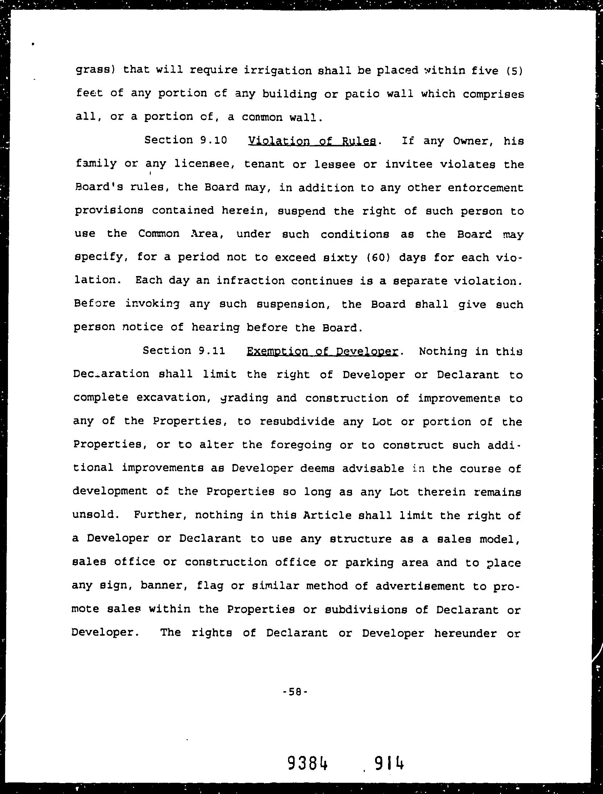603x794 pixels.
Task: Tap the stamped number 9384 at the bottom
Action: coord(308,763)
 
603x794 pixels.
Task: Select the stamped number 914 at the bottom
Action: coord(389,763)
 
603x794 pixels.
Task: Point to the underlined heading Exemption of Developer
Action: coord(322,351)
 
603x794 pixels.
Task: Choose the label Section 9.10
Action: coord(185,140)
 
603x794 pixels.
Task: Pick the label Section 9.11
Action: coord(184,350)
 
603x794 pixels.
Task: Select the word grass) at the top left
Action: coord(95,70)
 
